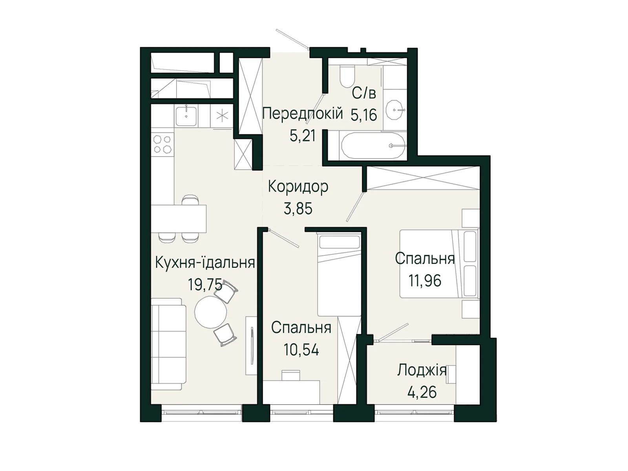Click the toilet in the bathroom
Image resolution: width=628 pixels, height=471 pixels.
pyautogui.click(x=347, y=77)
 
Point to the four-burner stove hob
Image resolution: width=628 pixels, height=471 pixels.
pyautogui.click(x=162, y=144)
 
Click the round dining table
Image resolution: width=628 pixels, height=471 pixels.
pyautogui.click(x=211, y=312)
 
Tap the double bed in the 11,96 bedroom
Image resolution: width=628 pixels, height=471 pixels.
pyautogui.click(x=439, y=263)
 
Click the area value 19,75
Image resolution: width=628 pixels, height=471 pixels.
pyautogui.click(x=205, y=284)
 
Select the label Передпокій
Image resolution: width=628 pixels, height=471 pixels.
pyautogui.click(x=302, y=113)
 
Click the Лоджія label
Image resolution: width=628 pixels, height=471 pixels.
pyautogui.click(x=422, y=371)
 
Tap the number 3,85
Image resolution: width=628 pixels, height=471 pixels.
pyautogui.click(x=298, y=209)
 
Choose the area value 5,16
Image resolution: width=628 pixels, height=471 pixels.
pyautogui.click(x=364, y=115)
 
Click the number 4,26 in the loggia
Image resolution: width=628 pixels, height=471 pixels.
pyautogui.click(x=422, y=392)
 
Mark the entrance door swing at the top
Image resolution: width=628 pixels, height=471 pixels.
pyautogui.click(x=292, y=38)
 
